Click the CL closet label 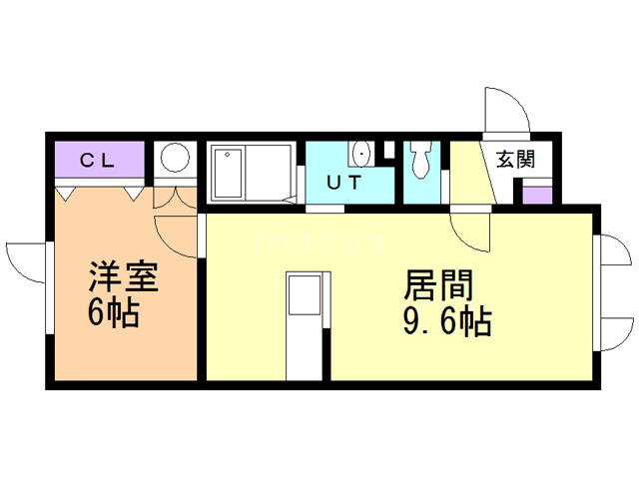click(x=98, y=158)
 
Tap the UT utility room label click(x=344, y=183)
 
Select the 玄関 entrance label click(x=515, y=158)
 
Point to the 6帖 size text click(x=112, y=312)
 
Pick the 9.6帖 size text click(x=446, y=322)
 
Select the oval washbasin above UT click(x=360, y=154)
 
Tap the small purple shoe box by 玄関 click(x=536, y=193)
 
